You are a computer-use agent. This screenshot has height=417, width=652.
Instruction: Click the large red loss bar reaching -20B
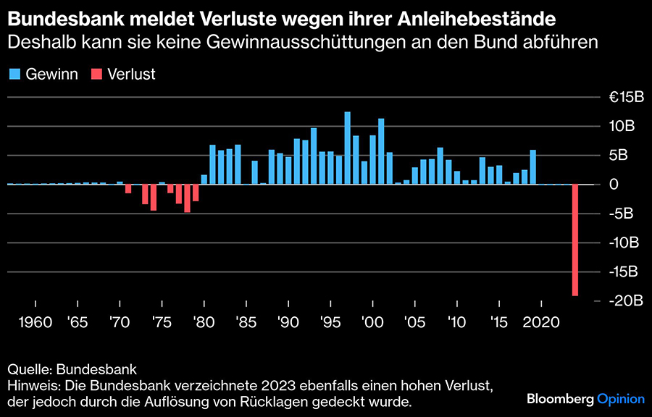(x=575, y=240)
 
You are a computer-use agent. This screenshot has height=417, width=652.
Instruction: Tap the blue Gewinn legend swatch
(x=14, y=74)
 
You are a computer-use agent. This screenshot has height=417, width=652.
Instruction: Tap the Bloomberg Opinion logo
(x=585, y=398)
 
